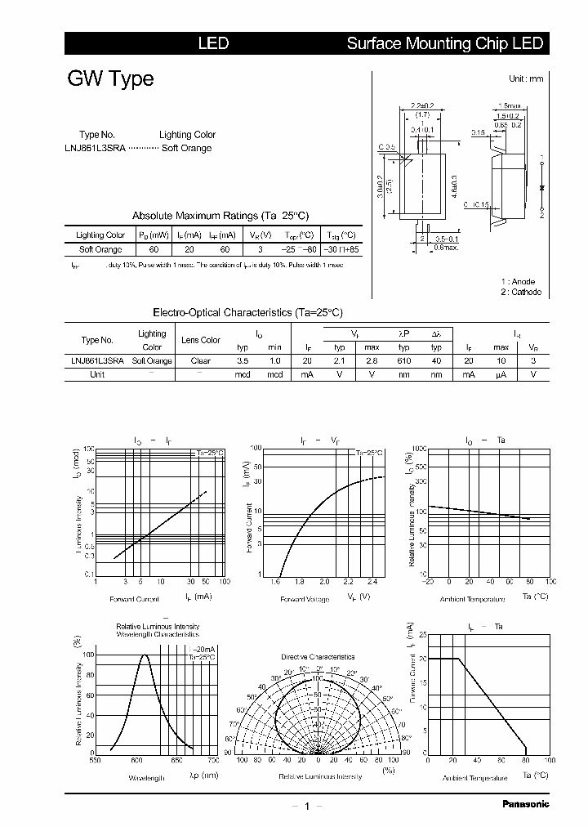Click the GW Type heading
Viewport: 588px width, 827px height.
tap(109, 79)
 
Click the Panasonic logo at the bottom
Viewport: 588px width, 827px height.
tap(525, 803)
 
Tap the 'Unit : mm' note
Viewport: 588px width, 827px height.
tap(526, 78)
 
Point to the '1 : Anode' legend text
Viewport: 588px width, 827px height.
tap(518, 281)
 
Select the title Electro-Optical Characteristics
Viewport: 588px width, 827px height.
tap(248, 312)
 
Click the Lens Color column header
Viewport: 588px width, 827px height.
tap(200, 340)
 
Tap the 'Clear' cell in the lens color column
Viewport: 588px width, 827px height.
tap(200, 360)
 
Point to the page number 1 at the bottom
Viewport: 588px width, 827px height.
tap(306, 806)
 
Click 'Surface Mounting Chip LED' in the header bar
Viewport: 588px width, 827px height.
tap(444, 43)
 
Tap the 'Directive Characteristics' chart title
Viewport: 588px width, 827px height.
tap(318, 657)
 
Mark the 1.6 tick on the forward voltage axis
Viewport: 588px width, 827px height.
tap(275, 581)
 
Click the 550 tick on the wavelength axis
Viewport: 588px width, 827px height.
tap(96, 760)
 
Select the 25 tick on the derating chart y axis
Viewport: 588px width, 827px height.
tap(421, 634)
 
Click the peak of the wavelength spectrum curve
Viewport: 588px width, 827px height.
tap(145, 655)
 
